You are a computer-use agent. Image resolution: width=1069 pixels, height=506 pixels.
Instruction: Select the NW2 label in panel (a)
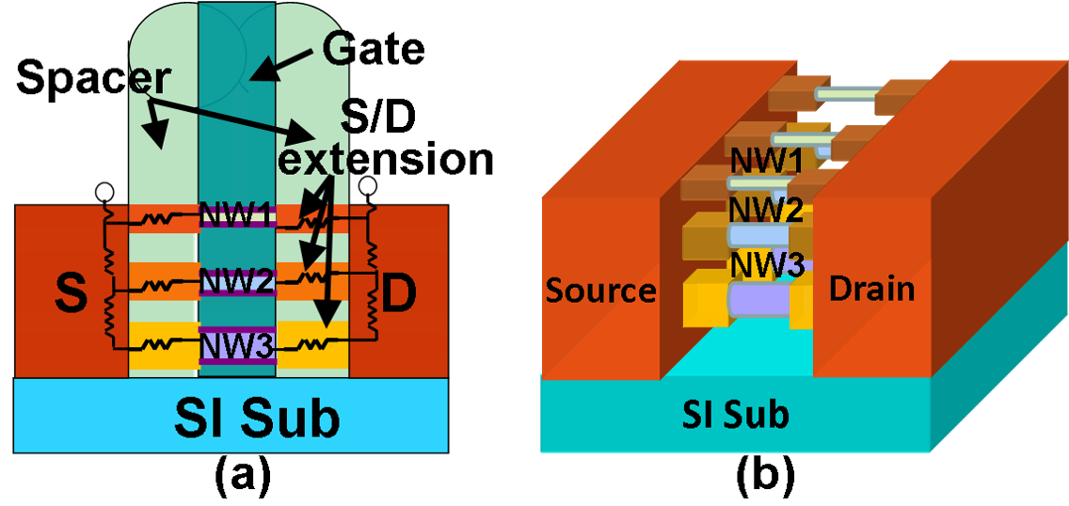236,279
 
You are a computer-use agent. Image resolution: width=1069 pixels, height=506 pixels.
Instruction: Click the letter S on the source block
72,293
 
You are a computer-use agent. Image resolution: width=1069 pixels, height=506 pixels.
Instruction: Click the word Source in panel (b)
600,290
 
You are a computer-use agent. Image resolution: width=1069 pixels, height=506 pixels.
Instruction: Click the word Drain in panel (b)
871,288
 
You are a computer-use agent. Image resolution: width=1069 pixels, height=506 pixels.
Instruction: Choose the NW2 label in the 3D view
767,209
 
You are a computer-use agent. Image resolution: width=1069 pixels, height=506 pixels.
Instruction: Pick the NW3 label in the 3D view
768,264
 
